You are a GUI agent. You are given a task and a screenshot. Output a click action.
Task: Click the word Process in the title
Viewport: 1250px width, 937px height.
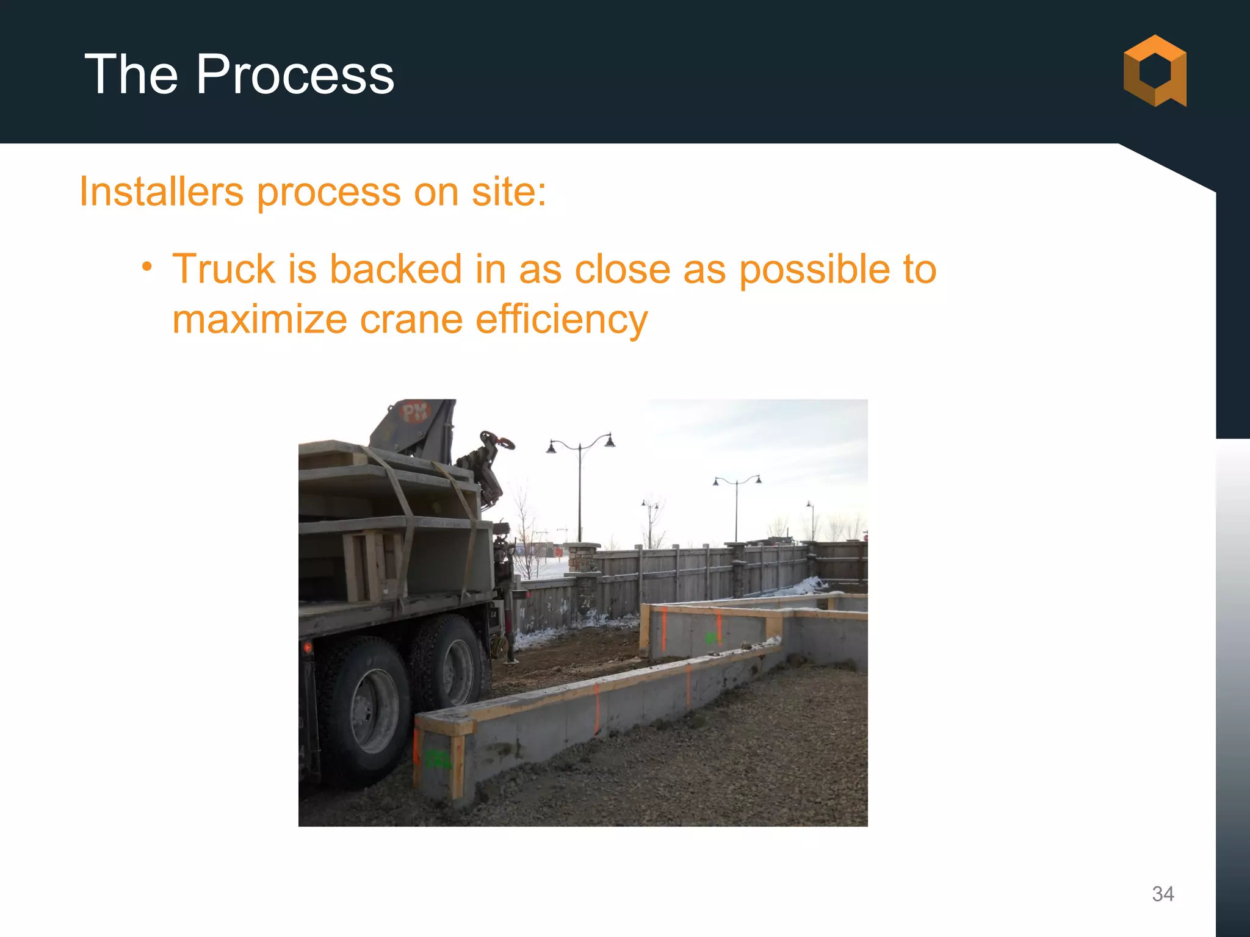(294, 74)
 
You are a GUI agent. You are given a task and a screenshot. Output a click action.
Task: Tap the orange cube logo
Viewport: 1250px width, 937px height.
(1155, 71)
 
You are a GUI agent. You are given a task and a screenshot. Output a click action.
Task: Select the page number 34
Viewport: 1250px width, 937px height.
(1163, 894)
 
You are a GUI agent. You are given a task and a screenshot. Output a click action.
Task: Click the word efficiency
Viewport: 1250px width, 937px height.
(561, 320)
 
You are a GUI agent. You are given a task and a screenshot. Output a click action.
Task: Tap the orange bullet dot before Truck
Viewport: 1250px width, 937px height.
(146, 267)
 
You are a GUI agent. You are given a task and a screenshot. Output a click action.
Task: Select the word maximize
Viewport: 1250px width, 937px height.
(259, 319)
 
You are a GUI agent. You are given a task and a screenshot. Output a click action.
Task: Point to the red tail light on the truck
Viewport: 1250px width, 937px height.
(307, 647)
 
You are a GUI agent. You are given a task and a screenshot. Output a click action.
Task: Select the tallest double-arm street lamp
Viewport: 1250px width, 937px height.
(580, 482)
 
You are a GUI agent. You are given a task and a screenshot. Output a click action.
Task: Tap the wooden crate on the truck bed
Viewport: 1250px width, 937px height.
(372, 564)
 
